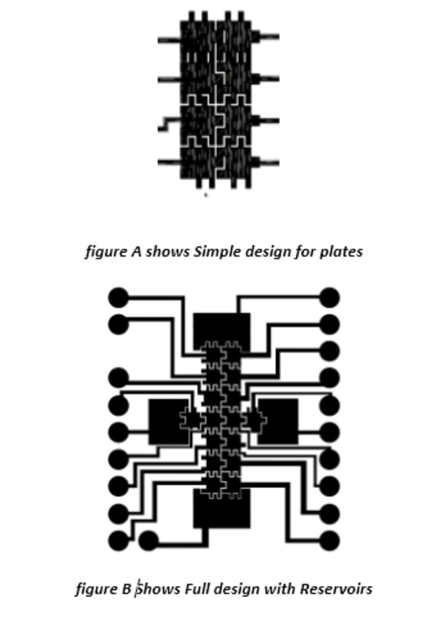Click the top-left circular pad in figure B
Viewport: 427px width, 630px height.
click(118, 297)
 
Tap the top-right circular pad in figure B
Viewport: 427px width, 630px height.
click(330, 297)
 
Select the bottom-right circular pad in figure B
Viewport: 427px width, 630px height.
click(330, 540)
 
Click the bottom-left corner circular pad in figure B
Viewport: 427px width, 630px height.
click(118, 540)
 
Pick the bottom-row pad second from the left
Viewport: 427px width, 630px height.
click(148, 540)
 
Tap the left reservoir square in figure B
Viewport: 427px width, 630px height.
click(167, 421)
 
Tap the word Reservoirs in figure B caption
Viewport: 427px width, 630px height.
click(336, 589)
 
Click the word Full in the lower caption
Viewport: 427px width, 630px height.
click(196, 589)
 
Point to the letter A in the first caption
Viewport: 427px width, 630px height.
click(136, 251)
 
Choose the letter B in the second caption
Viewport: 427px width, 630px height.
click(126, 589)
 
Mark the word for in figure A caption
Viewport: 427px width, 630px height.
click(306, 251)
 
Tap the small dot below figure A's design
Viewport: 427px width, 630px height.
click(206, 195)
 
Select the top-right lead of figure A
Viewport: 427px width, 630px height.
click(267, 37)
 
